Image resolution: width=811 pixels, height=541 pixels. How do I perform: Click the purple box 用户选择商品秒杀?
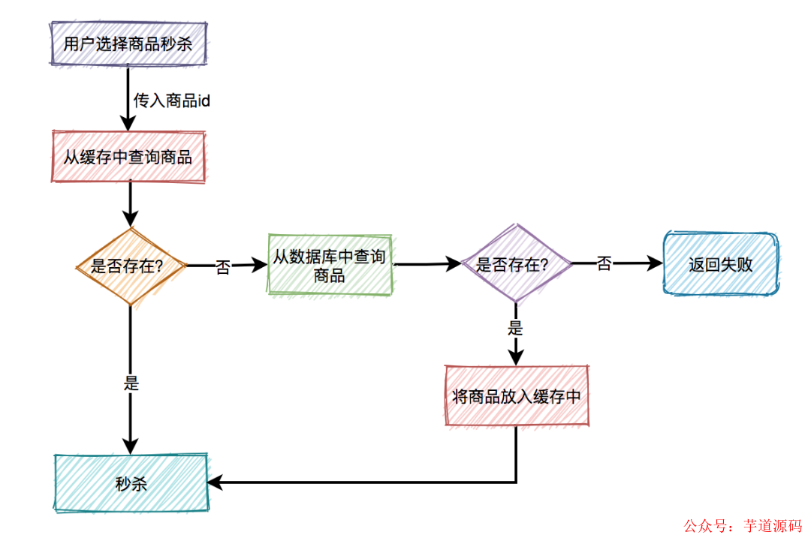pos(128,44)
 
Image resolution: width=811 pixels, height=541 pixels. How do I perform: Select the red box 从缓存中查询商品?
pos(128,157)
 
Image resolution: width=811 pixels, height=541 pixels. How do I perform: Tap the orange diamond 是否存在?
pos(131,266)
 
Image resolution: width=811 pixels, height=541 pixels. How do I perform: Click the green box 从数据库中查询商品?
pos(330,266)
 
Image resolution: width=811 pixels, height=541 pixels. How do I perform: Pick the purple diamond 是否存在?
pos(515,264)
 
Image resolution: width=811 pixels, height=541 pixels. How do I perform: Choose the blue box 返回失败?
pos(721,264)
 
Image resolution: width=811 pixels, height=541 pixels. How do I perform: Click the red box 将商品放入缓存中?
pos(517,397)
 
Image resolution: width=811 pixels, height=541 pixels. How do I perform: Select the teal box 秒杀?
pos(131,483)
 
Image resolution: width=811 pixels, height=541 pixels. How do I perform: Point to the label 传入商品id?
pos(172,100)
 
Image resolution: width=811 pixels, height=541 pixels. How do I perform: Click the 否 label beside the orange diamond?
pos(223,267)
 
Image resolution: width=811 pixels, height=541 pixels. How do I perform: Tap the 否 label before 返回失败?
pos(604,264)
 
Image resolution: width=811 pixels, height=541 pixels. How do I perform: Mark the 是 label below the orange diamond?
pos(131,383)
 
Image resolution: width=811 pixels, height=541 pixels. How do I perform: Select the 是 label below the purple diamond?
pos(515,327)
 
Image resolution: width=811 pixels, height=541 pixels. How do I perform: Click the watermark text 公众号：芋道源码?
pos(742,526)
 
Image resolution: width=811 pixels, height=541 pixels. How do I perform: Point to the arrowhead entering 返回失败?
pos(656,263)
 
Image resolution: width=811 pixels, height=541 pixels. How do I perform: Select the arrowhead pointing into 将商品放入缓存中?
pos(515,358)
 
